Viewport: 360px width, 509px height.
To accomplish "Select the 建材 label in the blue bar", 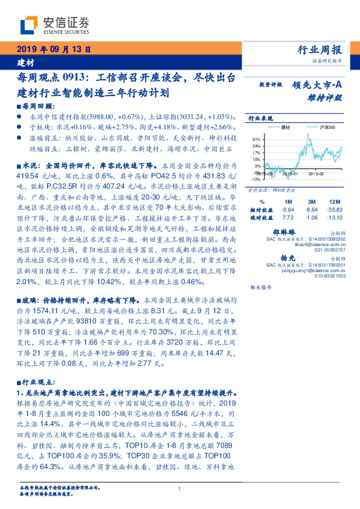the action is tap(25, 62).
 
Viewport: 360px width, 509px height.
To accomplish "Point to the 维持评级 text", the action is tap(325, 97).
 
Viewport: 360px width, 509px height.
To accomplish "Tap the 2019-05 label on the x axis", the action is tap(315, 173).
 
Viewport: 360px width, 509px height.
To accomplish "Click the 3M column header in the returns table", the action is tap(312, 201).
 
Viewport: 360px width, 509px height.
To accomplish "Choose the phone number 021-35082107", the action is tap(328, 249).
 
